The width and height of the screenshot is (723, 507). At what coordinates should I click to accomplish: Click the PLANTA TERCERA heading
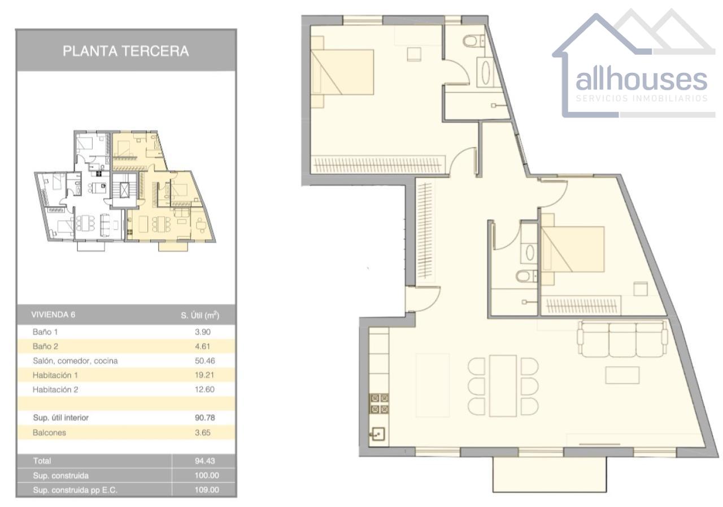[x=125, y=51]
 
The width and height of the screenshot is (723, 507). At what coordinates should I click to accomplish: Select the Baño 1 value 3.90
[x=203, y=332]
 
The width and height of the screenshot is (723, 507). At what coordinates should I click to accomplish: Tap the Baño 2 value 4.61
[x=203, y=347]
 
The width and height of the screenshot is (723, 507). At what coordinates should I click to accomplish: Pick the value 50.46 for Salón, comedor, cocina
[x=205, y=361]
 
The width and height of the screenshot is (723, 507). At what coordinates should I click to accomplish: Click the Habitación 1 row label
[x=55, y=375]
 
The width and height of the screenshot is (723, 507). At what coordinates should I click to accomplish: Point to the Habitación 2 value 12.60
[x=204, y=389]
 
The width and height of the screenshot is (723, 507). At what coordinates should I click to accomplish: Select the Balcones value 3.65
[x=203, y=432]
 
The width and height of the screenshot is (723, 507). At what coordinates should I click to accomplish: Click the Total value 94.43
[x=205, y=461]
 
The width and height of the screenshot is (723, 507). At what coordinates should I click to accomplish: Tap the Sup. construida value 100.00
[x=207, y=475]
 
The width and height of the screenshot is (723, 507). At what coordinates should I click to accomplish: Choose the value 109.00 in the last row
[x=207, y=490]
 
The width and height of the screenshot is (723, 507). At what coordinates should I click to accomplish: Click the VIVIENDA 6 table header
[x=53, y=315]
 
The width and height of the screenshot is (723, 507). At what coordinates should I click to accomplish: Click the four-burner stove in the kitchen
[x=379, y=404]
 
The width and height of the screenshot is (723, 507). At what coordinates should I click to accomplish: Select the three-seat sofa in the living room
[x=622, y=339]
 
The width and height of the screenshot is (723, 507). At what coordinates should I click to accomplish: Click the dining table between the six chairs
[x=503, y=386]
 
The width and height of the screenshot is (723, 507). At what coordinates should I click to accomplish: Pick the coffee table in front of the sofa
[x=622, y=375]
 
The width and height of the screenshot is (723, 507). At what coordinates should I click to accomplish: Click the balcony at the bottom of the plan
[x=550, y=474]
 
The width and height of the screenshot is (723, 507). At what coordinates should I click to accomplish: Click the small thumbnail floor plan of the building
[x=125, y=191]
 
